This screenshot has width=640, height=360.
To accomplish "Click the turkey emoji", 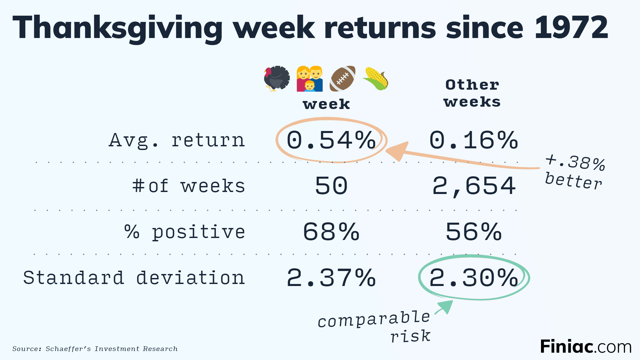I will (x=277, y=78).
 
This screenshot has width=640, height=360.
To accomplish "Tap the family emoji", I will (x=310, y=79).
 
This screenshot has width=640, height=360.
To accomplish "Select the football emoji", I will (x=342, y=78).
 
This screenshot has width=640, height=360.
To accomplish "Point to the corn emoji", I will (x=375, y=78).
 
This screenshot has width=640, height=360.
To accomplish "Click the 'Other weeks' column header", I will (x=472, y=93).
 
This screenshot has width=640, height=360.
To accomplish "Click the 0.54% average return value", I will (x=331, y=140).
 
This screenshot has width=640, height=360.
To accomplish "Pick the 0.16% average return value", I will (x=474, y=140).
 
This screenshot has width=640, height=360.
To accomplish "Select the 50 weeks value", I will (x=331, y=186).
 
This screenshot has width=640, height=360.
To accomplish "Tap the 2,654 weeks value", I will (x=474, y=186).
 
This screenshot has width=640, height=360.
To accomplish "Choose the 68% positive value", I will (x=331, y=232).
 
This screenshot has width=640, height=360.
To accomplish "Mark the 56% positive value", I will (x=474, y=232).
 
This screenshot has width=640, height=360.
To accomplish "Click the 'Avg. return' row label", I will (x=177, y=140).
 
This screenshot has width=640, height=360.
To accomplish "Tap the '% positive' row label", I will (x=185, y=232).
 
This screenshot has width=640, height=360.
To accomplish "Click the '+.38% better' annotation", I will (x=575, y=172).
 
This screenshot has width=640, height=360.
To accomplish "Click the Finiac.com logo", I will (x=586, y=347).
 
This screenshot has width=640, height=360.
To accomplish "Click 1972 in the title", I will (x=571, y=28).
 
